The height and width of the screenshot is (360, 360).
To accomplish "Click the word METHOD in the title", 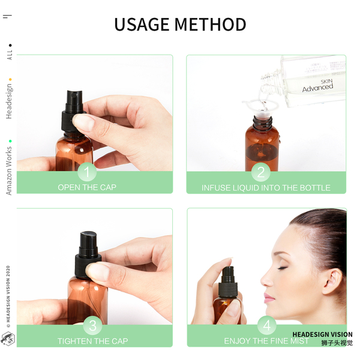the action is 210,25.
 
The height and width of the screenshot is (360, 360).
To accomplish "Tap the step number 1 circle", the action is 87,172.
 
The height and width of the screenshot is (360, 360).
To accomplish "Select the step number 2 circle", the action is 261,172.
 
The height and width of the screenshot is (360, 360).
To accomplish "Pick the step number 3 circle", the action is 92,325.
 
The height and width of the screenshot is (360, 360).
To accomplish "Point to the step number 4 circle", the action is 267,325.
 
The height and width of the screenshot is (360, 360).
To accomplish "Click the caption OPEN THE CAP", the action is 87,187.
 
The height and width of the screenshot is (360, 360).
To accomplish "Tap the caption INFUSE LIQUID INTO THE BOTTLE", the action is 266,188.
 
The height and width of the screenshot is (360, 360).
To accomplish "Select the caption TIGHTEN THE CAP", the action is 93,341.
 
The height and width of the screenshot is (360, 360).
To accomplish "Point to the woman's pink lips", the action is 269,298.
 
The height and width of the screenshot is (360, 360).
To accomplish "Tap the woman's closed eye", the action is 283,268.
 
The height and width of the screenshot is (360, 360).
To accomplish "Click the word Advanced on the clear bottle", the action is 317,88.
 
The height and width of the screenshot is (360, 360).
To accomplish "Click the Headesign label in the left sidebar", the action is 9,101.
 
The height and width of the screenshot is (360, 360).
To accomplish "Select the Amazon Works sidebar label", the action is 9,171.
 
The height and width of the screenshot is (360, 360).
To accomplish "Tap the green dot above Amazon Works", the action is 10,141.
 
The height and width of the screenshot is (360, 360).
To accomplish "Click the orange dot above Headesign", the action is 10,80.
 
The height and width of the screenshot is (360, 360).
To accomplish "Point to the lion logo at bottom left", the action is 8,338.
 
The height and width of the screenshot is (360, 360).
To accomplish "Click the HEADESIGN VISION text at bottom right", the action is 322,334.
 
